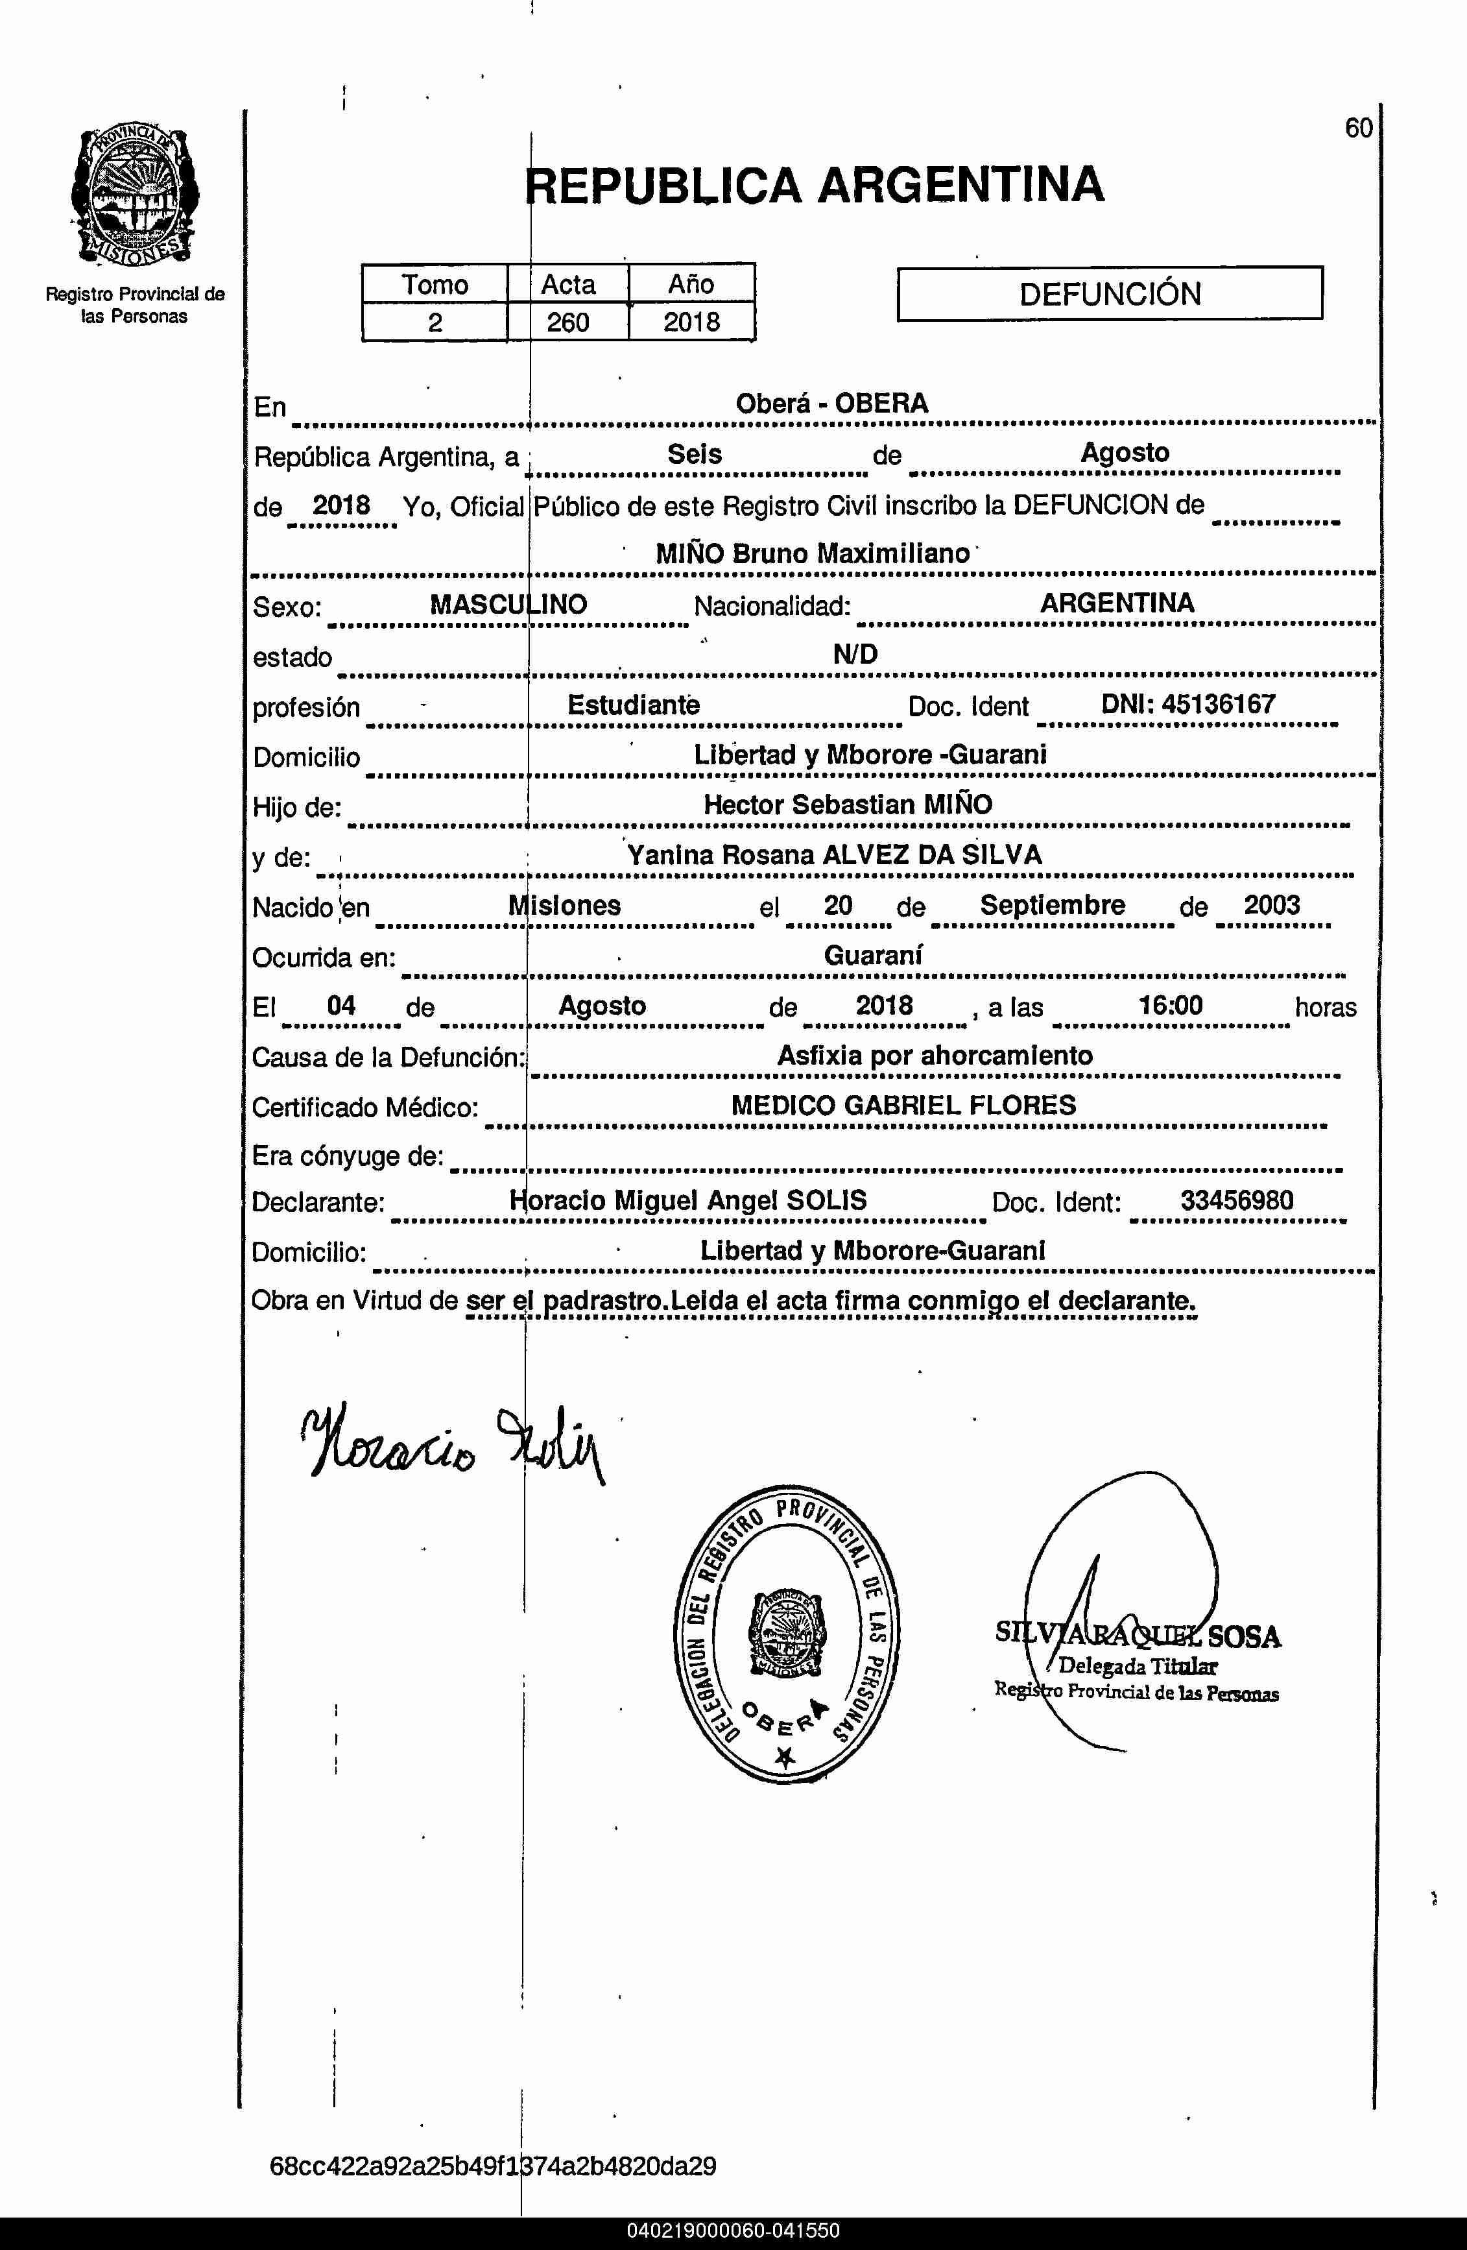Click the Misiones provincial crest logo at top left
point(134,196)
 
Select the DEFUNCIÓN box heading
point(1109,294)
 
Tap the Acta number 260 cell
point(568,322)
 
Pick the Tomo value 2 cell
point(435,322)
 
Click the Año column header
point(691,284)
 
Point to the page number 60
point(1358,128)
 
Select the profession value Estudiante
point(634,705)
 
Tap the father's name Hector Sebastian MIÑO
point(848,805)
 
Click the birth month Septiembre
point(1052,904)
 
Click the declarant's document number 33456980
point(1236,1201)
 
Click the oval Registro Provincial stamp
point(787,1632)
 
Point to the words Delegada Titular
point(1137,1667)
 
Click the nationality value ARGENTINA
point(1116,603)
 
